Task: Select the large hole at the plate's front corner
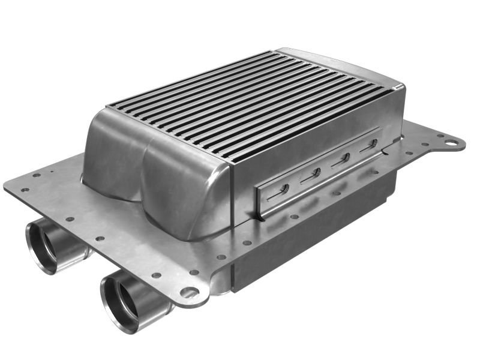[x=190, y=292]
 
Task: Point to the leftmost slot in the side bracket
[x=277, y=191]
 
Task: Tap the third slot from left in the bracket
[x=341, y=159]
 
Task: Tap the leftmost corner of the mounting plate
[x=8, y=184]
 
